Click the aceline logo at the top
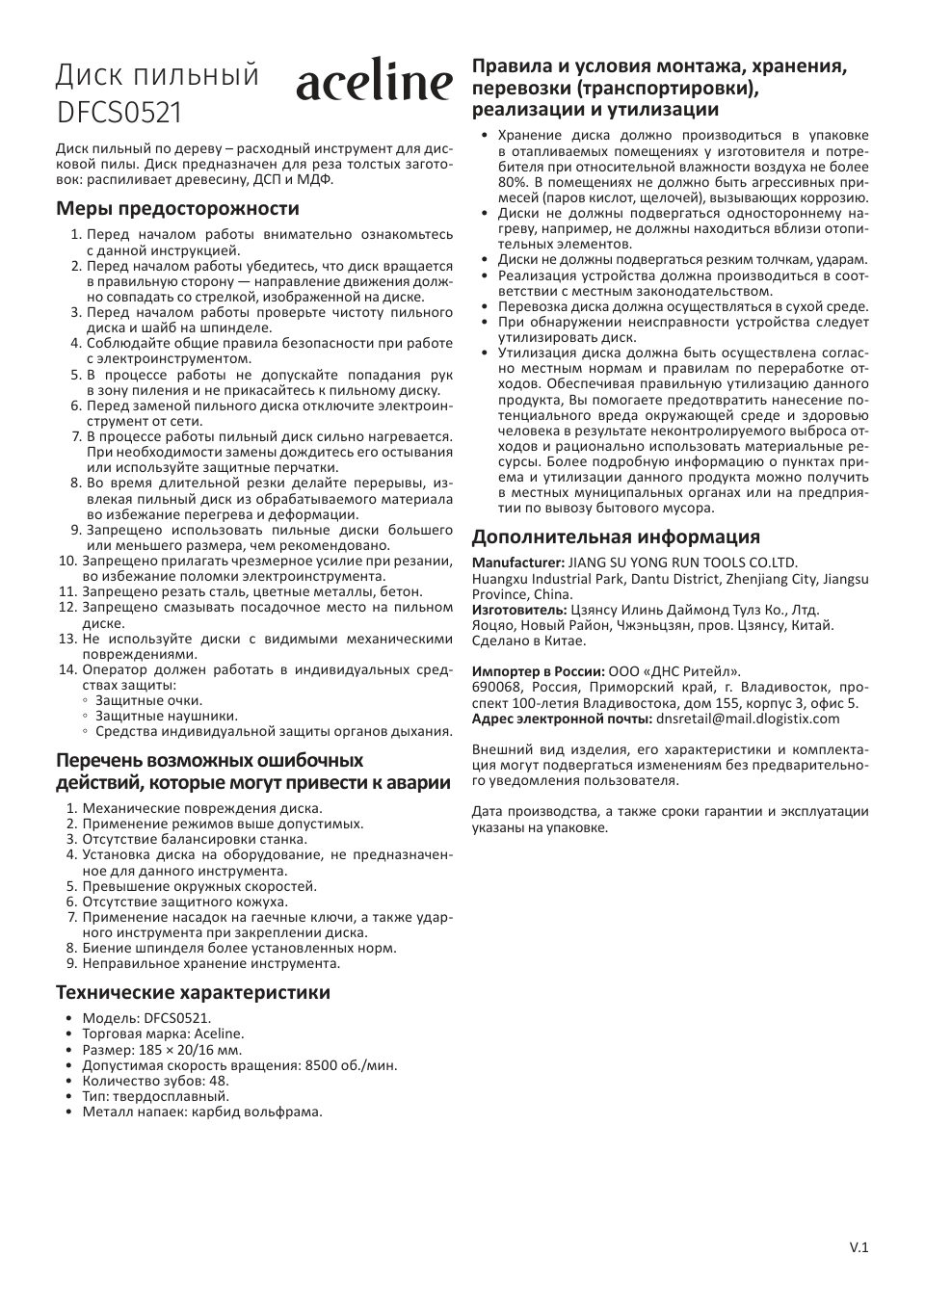click(373, 84)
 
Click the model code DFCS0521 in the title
click(119, 113)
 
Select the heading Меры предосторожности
click(177, 208)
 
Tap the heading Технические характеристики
click(193, 992)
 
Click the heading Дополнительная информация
click(616, 536)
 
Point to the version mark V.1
click(859, 1247)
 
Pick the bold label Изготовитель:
click(519, 610)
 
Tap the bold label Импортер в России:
click(538, 671)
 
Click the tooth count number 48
click(219, 1081)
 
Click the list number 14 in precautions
click(67, 669)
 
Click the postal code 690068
click(496, 687)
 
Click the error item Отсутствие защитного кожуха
click(185, 902)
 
